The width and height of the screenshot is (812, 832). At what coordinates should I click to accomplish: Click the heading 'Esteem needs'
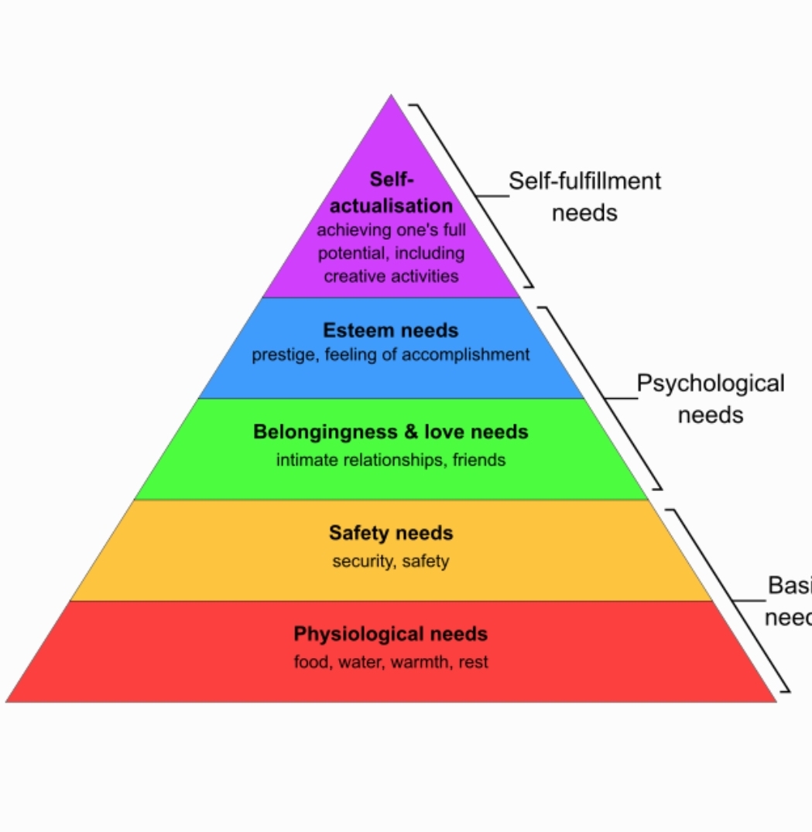click(391, 331)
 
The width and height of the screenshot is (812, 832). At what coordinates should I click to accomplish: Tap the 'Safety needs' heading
click(391, 534)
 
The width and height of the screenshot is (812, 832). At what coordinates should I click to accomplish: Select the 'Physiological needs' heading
click(391, 635)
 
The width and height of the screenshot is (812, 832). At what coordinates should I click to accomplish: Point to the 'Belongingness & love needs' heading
click(391, 431)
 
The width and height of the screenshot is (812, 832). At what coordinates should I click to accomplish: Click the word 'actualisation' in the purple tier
click(392, 206)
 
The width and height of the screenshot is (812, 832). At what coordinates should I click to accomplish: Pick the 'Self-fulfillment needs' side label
click(584, 196)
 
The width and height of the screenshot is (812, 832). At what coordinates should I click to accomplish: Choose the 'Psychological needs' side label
click(710, 398)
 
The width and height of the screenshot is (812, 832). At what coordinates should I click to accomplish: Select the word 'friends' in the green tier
click(479, 460)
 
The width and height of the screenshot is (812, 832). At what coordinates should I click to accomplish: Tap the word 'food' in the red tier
click(311, 663)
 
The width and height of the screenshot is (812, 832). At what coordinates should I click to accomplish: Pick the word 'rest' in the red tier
click(473, 663)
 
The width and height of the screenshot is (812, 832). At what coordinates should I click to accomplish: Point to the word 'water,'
click(361, 663)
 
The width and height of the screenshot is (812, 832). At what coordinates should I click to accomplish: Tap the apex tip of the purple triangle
click(391, 97)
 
